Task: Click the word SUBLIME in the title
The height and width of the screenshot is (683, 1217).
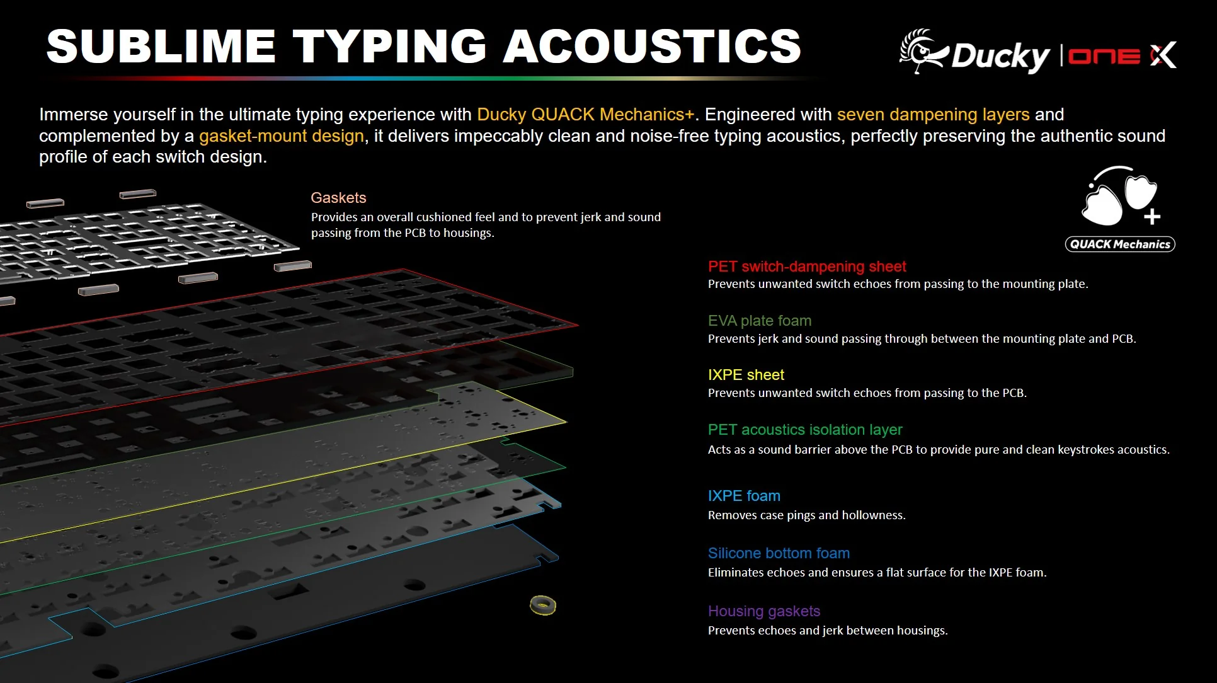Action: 161,46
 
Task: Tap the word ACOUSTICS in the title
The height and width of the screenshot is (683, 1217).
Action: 652,46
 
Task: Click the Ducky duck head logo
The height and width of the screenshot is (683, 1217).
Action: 923,50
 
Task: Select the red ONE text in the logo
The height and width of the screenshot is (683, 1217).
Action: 1104,57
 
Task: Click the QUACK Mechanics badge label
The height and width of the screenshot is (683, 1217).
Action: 1120,244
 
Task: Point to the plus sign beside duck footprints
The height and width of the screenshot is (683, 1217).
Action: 1152,217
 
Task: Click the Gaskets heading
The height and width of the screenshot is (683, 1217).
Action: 338,198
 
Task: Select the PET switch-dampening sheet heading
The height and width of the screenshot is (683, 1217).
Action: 807,267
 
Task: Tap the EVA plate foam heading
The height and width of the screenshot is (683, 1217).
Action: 760,321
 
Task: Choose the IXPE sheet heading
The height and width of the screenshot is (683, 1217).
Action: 746,375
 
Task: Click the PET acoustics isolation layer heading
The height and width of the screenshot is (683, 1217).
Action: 805,430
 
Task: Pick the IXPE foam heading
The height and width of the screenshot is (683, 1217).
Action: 744,496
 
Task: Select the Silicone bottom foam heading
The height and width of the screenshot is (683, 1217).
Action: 779,553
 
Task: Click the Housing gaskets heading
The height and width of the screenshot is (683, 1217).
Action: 764,611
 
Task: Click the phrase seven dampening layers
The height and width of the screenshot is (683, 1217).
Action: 933,115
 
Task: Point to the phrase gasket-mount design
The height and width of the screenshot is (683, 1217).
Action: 282,136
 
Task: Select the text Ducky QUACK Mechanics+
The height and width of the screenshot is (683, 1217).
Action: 585,115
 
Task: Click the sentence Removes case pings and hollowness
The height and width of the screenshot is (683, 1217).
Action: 806,515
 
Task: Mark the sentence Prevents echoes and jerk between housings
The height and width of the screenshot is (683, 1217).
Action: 828,631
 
